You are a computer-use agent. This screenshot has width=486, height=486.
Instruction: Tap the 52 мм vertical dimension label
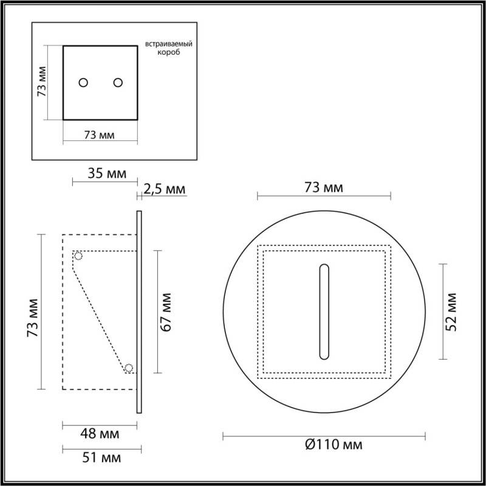pyautogui.click(x=451, y=312)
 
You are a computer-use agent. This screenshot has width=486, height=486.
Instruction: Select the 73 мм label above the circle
pyautogui.click(x=324, y=188)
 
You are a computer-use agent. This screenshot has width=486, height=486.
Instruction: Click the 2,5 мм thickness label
pyautogui.click(x=164, y=190)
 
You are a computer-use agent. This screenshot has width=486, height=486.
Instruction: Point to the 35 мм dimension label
pyautogui.click(x=108, y=174)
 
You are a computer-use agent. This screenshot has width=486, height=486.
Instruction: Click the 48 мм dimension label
pyautogui.click(x=100, y=434)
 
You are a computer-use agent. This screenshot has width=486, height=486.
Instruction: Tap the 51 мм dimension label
pyautogui.click(x=100, y=456)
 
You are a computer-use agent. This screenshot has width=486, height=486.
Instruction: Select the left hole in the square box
pyautogui.click(x=84, y=83)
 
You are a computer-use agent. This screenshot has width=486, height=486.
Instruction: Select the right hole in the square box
pyautogui.click(x=118, y=83)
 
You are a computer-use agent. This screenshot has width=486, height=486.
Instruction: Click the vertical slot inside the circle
pyautogui.click(x=324, y=312)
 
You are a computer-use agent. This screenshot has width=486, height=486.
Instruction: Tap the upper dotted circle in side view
pyautogui.click(x=78, y=256)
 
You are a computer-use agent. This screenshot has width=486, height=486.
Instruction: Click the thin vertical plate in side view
pyautogui.click(x=140, y=312)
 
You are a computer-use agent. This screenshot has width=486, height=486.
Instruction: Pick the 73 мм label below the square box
pyautogui.click(x=99, y=135)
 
